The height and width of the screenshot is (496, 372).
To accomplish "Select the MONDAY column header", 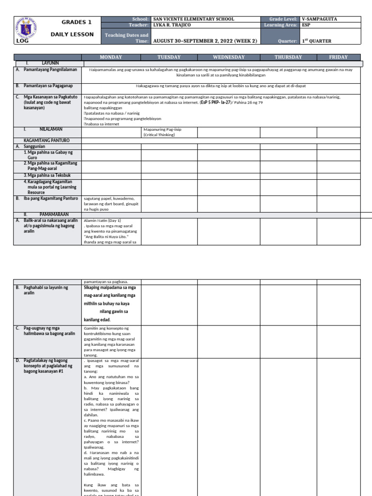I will click(x=110, y=57).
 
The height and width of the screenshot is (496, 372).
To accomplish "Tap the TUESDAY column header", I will click(x=169, y=57).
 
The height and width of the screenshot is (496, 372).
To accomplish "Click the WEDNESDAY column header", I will click(x=229, y=57).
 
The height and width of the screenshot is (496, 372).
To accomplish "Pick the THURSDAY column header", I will click(x=288, y=57).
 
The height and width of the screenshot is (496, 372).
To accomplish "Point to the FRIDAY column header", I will click(x=338, y=57).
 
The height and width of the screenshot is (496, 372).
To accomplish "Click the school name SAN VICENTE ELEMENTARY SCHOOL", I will click(x=193, y=19).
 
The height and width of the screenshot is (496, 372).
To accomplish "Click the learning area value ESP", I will click(x=306, y=25).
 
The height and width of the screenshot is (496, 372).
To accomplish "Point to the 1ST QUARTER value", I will click(x=316, y=41).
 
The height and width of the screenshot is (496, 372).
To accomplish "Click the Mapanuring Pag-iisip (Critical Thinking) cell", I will click(x=162, y=132).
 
